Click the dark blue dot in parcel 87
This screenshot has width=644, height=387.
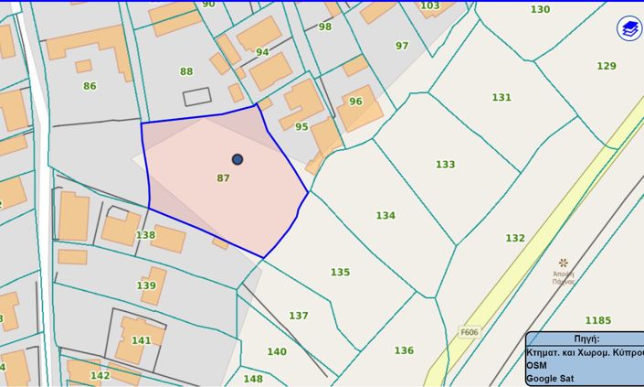(x=238, y=159)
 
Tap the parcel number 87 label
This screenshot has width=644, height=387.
(x=223, y=178)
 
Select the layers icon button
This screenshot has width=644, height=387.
(x=629, y=28)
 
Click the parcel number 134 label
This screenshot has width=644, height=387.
(x=385, y=216)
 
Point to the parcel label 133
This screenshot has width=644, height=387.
(x=445, y=165)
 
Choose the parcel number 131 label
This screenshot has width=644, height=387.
(x=501, y=98)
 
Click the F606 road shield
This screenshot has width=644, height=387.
(x=470, y=332)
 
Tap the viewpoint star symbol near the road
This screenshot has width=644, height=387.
(x=564, y=263)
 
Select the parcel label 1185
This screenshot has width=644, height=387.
(x=597, y=321)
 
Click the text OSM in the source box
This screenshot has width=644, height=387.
(x=536, y=365)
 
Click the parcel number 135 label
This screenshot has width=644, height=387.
(x=340, y=273)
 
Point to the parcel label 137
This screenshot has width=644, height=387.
(x=299, y=316)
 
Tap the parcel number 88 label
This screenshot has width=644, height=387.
(x=186, y=71)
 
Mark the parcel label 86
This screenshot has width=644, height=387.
(x=90, y=87)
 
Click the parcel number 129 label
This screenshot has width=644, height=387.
(x=607, y=66)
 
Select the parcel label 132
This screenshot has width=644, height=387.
(x=515, y=238)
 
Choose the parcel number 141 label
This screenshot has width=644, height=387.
(x=141, y=341)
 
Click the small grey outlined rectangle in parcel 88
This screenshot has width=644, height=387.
(x=196, y=96)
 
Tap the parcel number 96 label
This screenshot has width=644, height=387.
(x=355, y=102)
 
